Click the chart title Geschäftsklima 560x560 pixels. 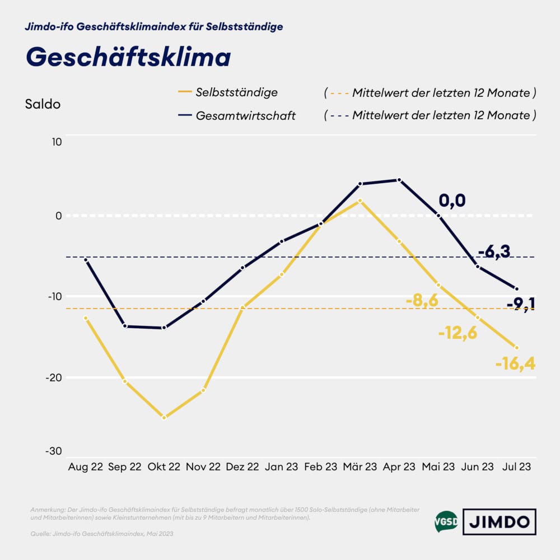click(x=128, y=57)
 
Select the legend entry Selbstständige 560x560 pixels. click(x=236, y=92)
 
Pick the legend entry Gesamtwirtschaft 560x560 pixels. click(x=245, y=116)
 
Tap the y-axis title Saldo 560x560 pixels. click(x=43, y=104)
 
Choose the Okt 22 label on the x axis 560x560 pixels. click(x=164, y=466)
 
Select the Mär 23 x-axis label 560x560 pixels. click(x=360, y=466)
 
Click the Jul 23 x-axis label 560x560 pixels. click(x=516, y=466)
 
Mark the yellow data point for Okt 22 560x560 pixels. click(x=164, y=418)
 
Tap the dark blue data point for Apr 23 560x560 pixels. click(x=399, y=180)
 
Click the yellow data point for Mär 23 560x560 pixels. click(x=360, y=200)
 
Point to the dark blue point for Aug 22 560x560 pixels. click(x=86, y=260)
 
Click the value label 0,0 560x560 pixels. click(x=452, y=200)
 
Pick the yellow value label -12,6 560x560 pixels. click(x=458, y=334)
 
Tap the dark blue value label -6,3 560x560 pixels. click(x=494, y=252)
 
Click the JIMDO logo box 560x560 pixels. click(x=499, y=522)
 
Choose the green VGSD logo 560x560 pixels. click(x=445, y=522)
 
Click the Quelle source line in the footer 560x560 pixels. click(x=102, y=534)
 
